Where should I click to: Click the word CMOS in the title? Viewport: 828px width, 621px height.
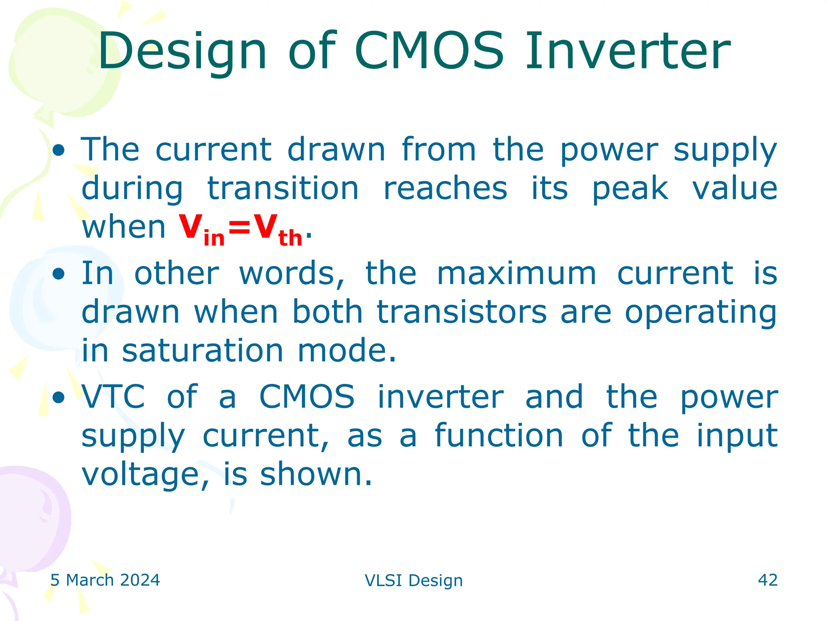429,51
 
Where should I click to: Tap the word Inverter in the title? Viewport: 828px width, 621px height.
627,51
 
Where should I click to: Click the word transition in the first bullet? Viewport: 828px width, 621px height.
283,189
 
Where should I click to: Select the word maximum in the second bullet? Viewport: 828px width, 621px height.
516,274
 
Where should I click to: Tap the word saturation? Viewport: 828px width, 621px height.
203,351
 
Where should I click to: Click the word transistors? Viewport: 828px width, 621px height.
462,312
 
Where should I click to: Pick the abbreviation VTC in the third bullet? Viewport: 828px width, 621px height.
113,397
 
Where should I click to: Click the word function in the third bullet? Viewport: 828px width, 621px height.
499,435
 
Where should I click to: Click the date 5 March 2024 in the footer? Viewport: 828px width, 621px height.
105,580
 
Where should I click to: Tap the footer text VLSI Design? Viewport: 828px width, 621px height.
414,581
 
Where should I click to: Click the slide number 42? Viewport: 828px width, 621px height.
767,580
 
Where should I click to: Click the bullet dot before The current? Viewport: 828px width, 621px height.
59,151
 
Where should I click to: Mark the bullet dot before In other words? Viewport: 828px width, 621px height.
59,275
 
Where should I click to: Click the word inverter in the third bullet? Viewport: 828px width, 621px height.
440,397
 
